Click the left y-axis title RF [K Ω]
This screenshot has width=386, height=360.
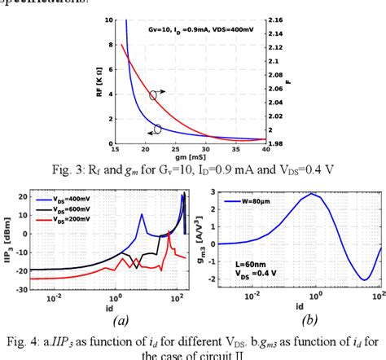click(100, 80)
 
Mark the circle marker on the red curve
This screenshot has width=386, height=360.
click(154, 95)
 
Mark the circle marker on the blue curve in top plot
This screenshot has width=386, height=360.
click(158, 129)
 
